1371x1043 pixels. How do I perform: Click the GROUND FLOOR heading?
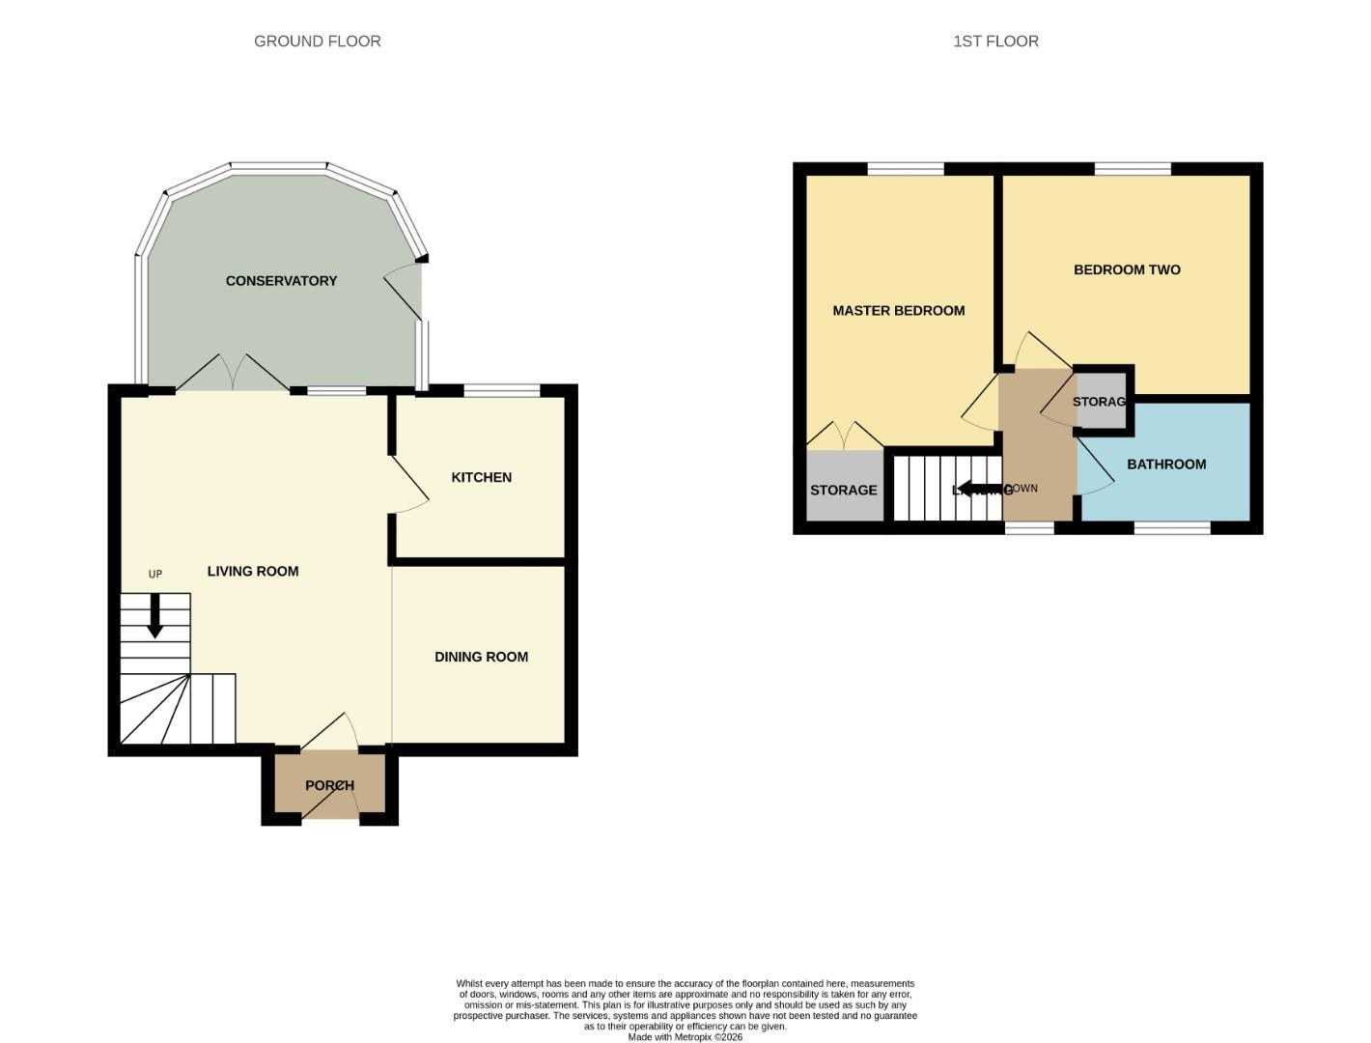(317, 41)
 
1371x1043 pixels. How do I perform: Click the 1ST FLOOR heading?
(995, 41)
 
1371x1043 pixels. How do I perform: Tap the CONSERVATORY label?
(281, 281)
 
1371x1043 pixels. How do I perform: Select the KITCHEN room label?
(481, 477)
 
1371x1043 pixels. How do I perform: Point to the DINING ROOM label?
(481, 657)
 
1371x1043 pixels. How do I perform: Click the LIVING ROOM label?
(253, 571)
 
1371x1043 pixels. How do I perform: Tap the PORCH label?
(329, 785)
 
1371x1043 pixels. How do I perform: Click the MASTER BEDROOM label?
(898, 310)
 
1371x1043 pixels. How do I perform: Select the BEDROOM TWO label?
(1127, 269)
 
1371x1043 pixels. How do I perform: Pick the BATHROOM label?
(1166, 465)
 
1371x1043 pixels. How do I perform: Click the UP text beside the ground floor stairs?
(155, 574)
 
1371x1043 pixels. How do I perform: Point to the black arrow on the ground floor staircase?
(154, 617)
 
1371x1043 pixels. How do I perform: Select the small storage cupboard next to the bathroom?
(1101, 401)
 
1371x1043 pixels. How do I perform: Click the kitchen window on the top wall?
(502, 390)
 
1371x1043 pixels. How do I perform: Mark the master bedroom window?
(905, 169)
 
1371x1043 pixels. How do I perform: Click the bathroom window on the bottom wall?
(1172, 527)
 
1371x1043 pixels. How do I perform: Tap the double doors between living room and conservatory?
(233, 374)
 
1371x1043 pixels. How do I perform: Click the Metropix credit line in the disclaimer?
(685, 1037)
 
